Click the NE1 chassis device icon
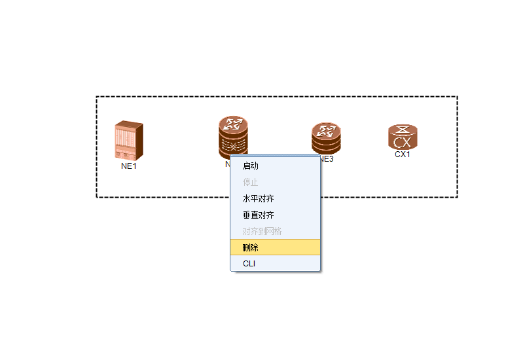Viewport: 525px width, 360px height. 128,139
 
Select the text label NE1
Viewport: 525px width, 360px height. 129,166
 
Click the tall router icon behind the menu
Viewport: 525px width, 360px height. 233,136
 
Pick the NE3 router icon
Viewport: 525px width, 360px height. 326,138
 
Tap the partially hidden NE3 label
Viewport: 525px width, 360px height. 327,158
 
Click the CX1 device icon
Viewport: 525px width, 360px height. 402,137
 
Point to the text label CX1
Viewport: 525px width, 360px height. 402,155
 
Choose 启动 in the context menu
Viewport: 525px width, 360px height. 251,166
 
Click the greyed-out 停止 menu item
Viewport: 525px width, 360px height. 251,183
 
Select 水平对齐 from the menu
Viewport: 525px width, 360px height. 258,198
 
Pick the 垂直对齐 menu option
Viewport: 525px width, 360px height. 258,215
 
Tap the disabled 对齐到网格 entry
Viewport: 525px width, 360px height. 262,231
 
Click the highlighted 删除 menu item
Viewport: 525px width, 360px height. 251,247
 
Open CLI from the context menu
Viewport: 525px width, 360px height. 249,264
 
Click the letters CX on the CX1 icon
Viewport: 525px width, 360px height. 402,142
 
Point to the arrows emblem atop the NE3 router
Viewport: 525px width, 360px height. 326,129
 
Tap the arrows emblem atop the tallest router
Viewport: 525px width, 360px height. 233,124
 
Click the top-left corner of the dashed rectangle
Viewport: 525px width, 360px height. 97,97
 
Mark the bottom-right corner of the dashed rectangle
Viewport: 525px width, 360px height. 457,197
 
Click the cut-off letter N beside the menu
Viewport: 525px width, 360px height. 227,164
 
